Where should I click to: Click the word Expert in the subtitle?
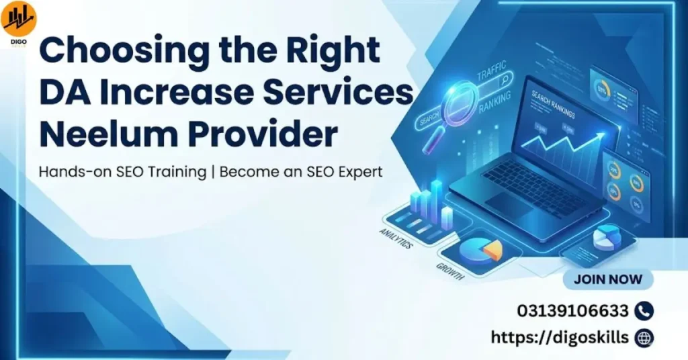357,171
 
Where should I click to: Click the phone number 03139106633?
572,311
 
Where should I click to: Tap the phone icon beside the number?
644,311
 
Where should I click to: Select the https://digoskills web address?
560,337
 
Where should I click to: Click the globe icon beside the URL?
644,337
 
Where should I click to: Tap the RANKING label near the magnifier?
496,105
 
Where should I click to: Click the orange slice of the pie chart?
493,251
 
